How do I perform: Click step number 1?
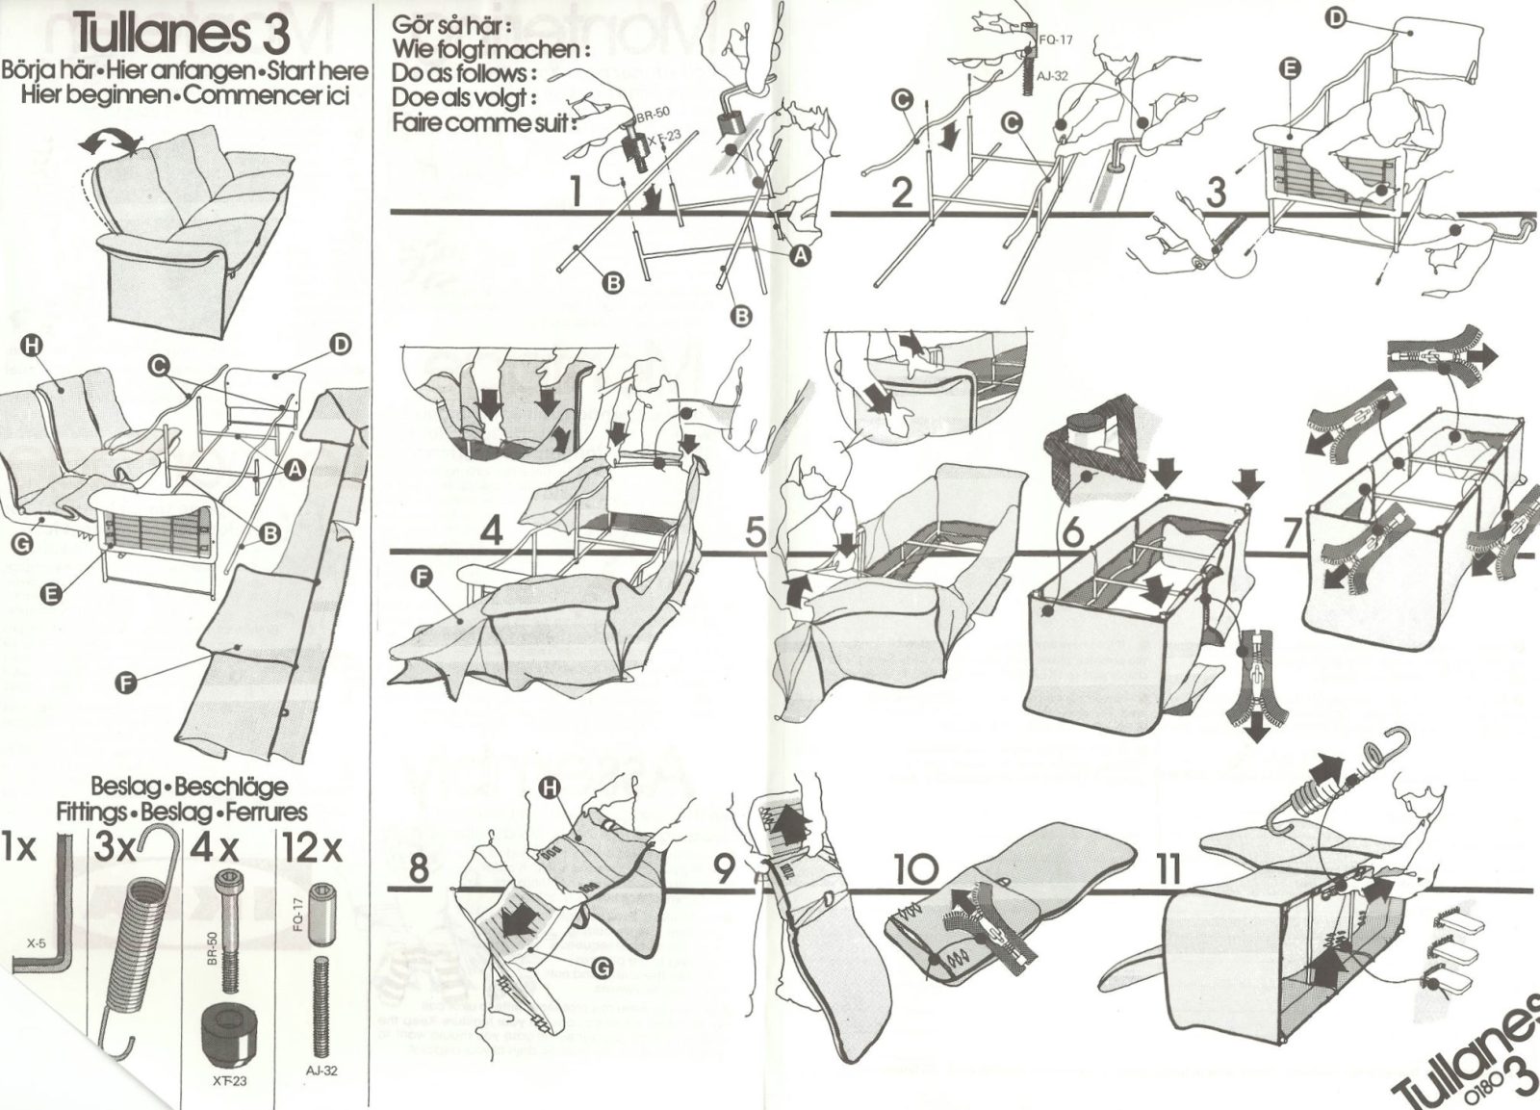pos(576,192)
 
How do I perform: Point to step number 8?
pos(419,868)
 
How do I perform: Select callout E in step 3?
pos(1290,67)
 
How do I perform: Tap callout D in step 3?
pos(1338,17)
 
